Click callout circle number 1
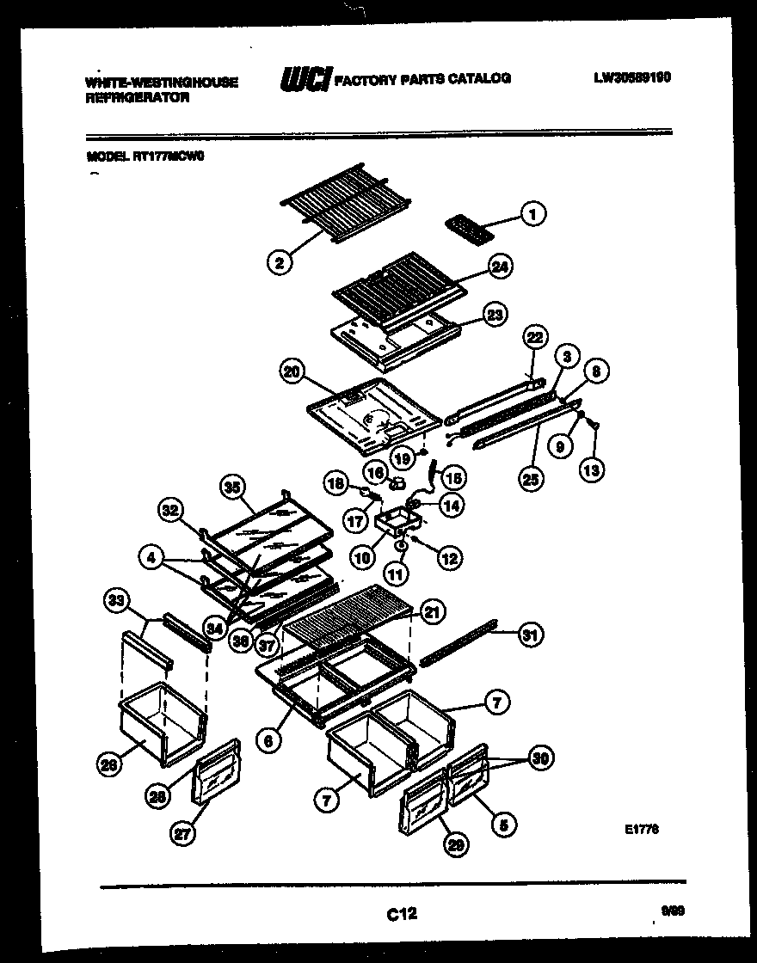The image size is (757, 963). [x=534, y=213]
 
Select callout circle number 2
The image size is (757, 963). [x=278, y=263]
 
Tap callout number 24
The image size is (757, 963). [x=498, y=268]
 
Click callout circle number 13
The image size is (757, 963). [x=592, y=469]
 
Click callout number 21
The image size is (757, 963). [x=433, y=612]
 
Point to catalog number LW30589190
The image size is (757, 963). [x=632, y=77]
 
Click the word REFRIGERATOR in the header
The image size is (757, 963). [x=138, y=98]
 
